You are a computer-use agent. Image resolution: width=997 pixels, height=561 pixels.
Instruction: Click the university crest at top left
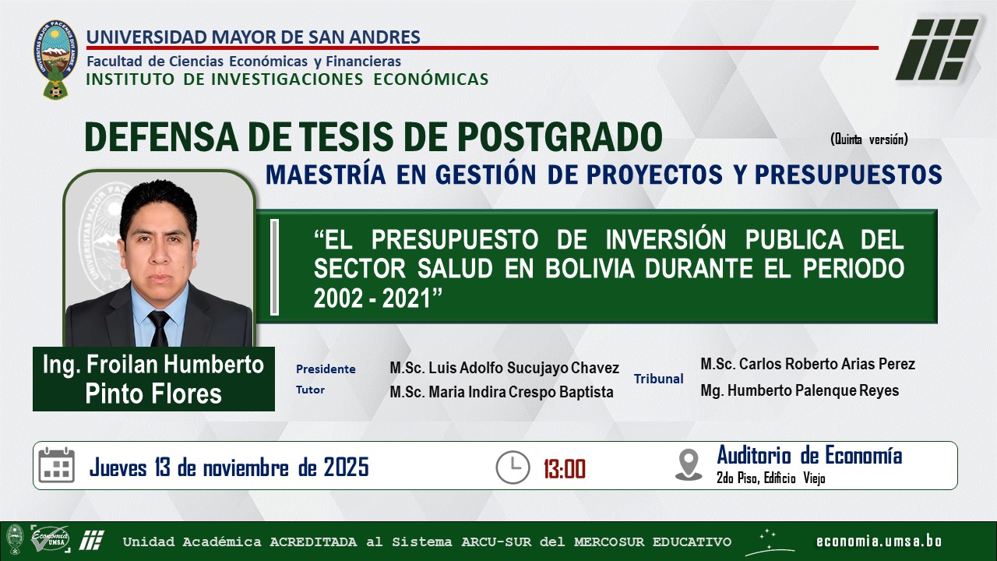55,60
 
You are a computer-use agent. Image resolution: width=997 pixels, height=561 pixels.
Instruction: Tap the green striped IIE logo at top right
936,49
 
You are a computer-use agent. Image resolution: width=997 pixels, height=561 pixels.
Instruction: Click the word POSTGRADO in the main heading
560,136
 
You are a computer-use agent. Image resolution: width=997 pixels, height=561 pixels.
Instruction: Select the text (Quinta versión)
868,139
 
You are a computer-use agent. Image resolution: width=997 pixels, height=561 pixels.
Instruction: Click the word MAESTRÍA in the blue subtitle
326,173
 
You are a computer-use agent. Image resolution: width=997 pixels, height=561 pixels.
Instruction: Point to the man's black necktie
158,328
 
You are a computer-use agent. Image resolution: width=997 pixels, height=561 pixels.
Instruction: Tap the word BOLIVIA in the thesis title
590,269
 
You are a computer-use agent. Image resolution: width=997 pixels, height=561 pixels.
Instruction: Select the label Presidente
326,369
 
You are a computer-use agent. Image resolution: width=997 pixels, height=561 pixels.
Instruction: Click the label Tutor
310,390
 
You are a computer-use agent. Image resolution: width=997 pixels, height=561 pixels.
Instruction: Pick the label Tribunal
658,379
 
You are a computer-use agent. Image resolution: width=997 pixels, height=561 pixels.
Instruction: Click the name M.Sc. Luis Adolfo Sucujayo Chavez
504,368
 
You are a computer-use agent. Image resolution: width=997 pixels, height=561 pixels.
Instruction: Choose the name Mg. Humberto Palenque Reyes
799,390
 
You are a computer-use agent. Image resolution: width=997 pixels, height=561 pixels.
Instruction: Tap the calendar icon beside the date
57,465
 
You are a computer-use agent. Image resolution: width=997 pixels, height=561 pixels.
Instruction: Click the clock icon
513,467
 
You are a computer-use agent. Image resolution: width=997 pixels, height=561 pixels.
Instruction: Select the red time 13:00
565,469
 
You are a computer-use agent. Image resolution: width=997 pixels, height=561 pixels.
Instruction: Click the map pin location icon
689,465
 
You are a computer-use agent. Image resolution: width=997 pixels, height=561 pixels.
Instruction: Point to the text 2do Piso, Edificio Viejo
770,478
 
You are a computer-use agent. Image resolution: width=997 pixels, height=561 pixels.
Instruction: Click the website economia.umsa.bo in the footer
879,541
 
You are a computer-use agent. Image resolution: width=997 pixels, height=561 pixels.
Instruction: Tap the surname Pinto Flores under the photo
153,393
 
